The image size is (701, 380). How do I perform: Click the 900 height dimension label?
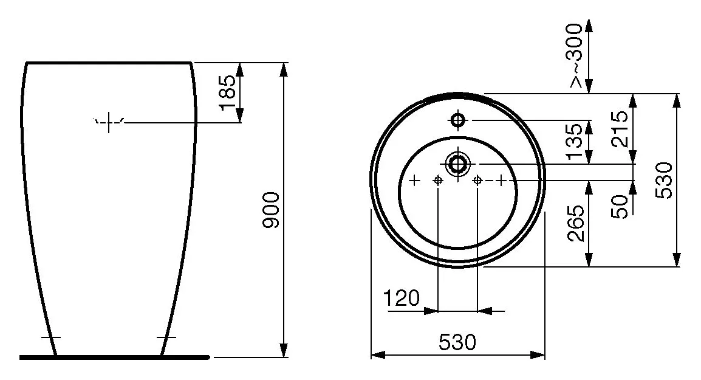point(271,210)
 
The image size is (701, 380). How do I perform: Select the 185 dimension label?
point(227,92)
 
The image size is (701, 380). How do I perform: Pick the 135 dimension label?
point(574,142)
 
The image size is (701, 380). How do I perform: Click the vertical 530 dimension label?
point(664,181)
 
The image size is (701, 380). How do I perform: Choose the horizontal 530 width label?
point(457,343)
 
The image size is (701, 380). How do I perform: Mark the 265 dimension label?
point(575,223)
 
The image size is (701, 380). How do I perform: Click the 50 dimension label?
point(620,206)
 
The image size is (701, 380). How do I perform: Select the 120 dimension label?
point(402,298)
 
